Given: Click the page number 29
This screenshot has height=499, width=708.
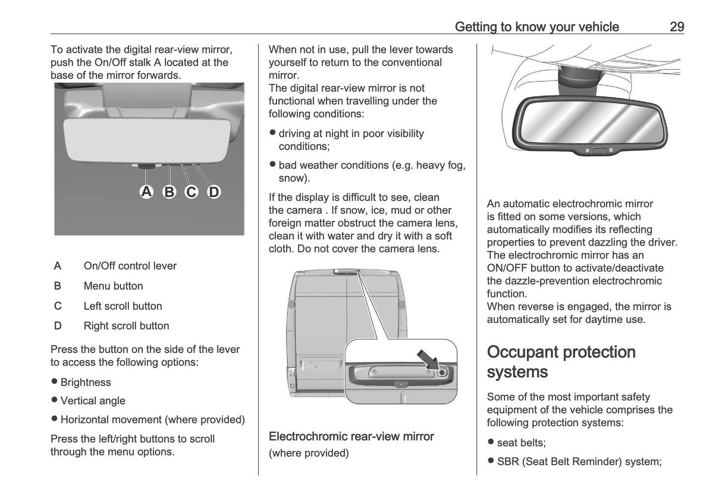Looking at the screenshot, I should coord(676,26).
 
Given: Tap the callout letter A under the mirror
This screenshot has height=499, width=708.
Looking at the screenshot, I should coord(146,191).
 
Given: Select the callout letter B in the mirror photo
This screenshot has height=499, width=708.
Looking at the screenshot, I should coord(169,192).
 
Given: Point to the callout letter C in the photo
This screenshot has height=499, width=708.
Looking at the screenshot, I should coord(191,192).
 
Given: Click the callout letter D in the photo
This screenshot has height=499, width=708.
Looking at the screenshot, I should coord(214,192).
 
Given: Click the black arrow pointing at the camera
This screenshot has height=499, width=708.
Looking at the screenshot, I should coord(426,360).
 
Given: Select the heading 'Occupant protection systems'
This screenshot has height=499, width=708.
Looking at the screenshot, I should coord(561,362).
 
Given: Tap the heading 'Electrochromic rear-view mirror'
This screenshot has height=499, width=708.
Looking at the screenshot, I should coord(351,436).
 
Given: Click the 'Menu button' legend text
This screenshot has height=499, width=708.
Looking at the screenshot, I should coord(113,286).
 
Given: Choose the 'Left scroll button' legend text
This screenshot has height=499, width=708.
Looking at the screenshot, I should coord(122,306).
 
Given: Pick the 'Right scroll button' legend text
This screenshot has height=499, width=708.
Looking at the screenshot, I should coord(126,326).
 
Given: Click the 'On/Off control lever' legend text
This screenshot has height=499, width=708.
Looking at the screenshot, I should coord(130,266).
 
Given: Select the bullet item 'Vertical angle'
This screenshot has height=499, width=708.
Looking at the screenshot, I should coord(93,401).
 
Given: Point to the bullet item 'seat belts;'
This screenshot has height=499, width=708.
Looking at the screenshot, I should coord(521,443).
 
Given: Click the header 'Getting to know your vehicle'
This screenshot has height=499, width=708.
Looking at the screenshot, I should coord(537,26).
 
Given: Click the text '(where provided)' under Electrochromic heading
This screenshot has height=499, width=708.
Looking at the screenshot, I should coord(309,453).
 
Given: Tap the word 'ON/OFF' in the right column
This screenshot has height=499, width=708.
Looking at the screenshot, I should coord(507,268).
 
